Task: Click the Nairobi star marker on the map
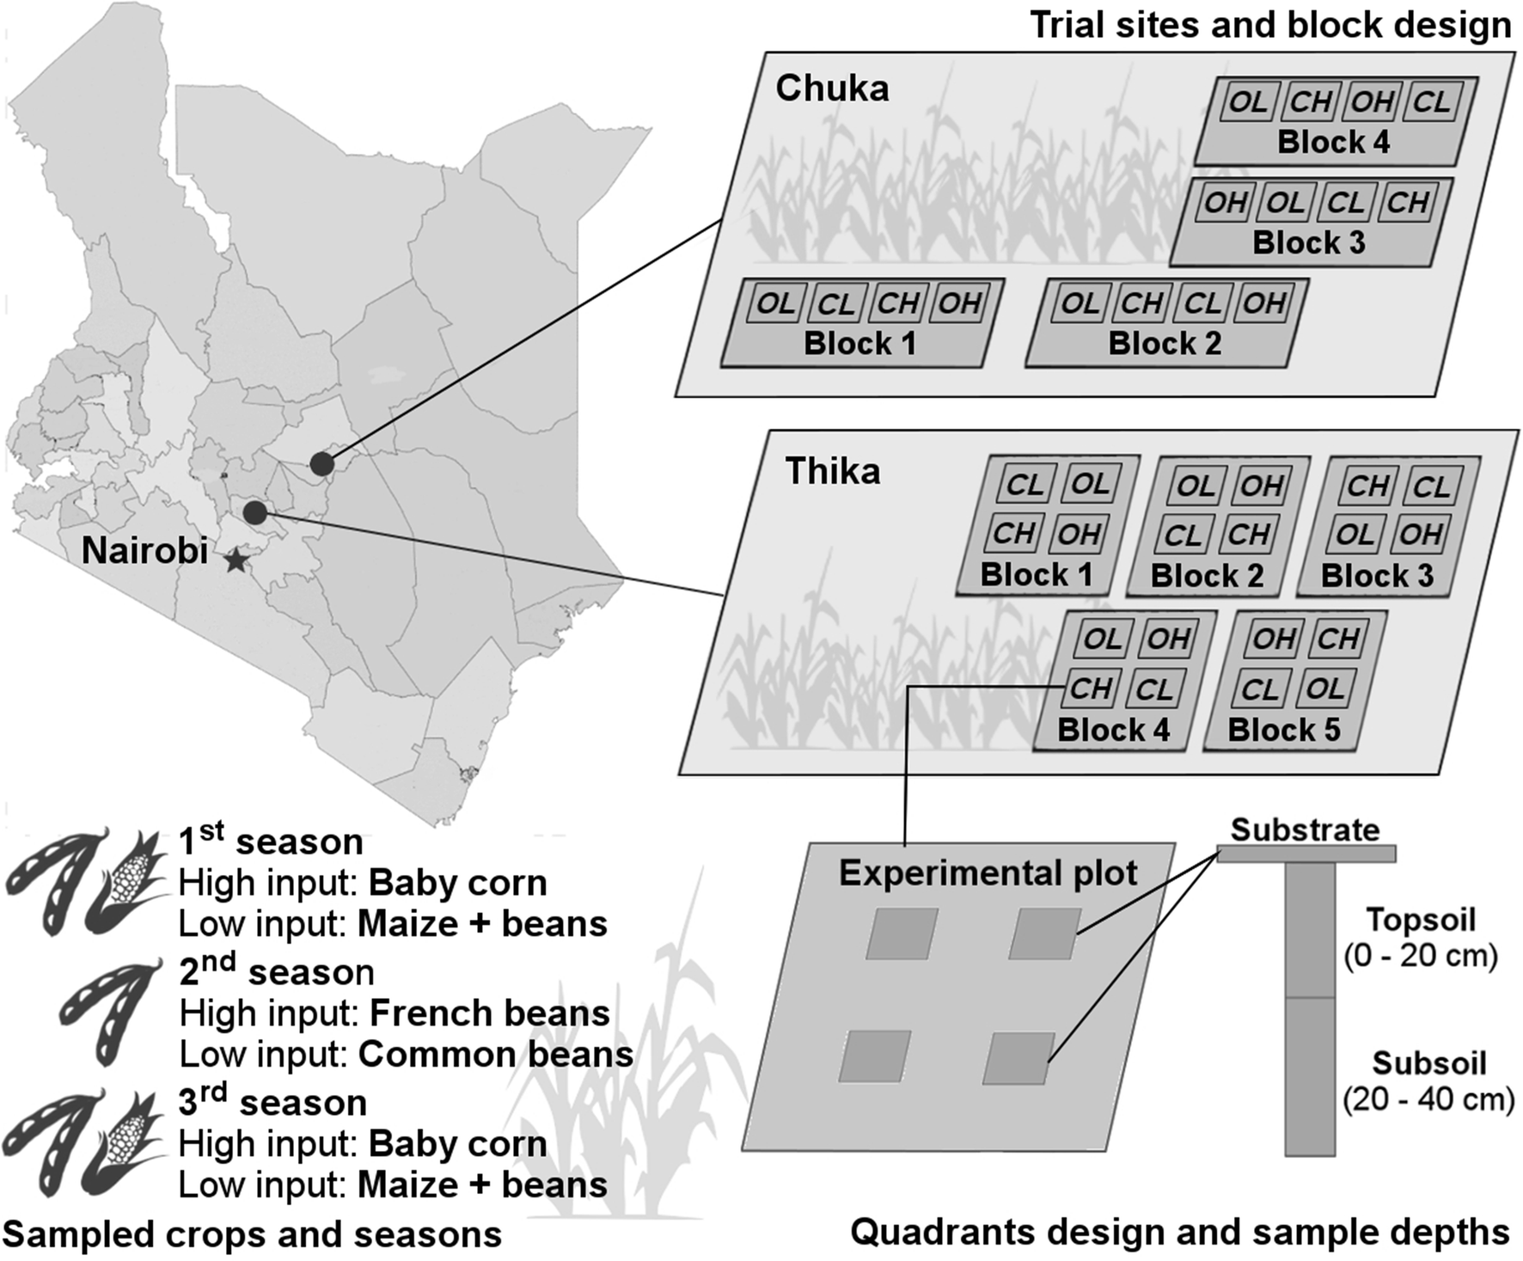pyautogui.click(x=235, y=561)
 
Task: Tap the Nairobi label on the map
pyautogui.click(x=144, y=551)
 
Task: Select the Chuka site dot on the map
pyautogui.click(x=321, y=463)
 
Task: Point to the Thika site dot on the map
pyautogui.click(x=254, y=513)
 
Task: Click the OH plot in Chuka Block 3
pyautogui.click(x=1225, y=203)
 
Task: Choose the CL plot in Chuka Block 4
pyautogui.click(x=1431, y=102)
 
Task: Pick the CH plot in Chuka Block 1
pyautogui.click(x=898, y=303)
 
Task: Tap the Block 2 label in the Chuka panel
pyautogui.click(x=1165, y=343)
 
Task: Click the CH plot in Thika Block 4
pyautogui.click(x=1091, y=689)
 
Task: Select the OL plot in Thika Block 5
pyautogui.click(x=1324, y=689)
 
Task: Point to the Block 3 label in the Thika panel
pyautogui.click(x=1377, y=575)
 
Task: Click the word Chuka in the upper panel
pyautogui.click(x=832, y=89)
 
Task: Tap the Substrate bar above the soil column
pyautogui.click(x=1306, y=854)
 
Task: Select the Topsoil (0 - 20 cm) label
pyautogui.click(x=1421, y=937)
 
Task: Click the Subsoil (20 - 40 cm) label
pyautogui.click(x=1428, y=1080)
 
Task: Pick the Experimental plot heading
pyautogui.click(x=988, y=872)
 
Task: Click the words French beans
pyautogui.click(x=489, y=1013)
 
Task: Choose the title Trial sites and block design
pyautogui.click(x=1270, y=25)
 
